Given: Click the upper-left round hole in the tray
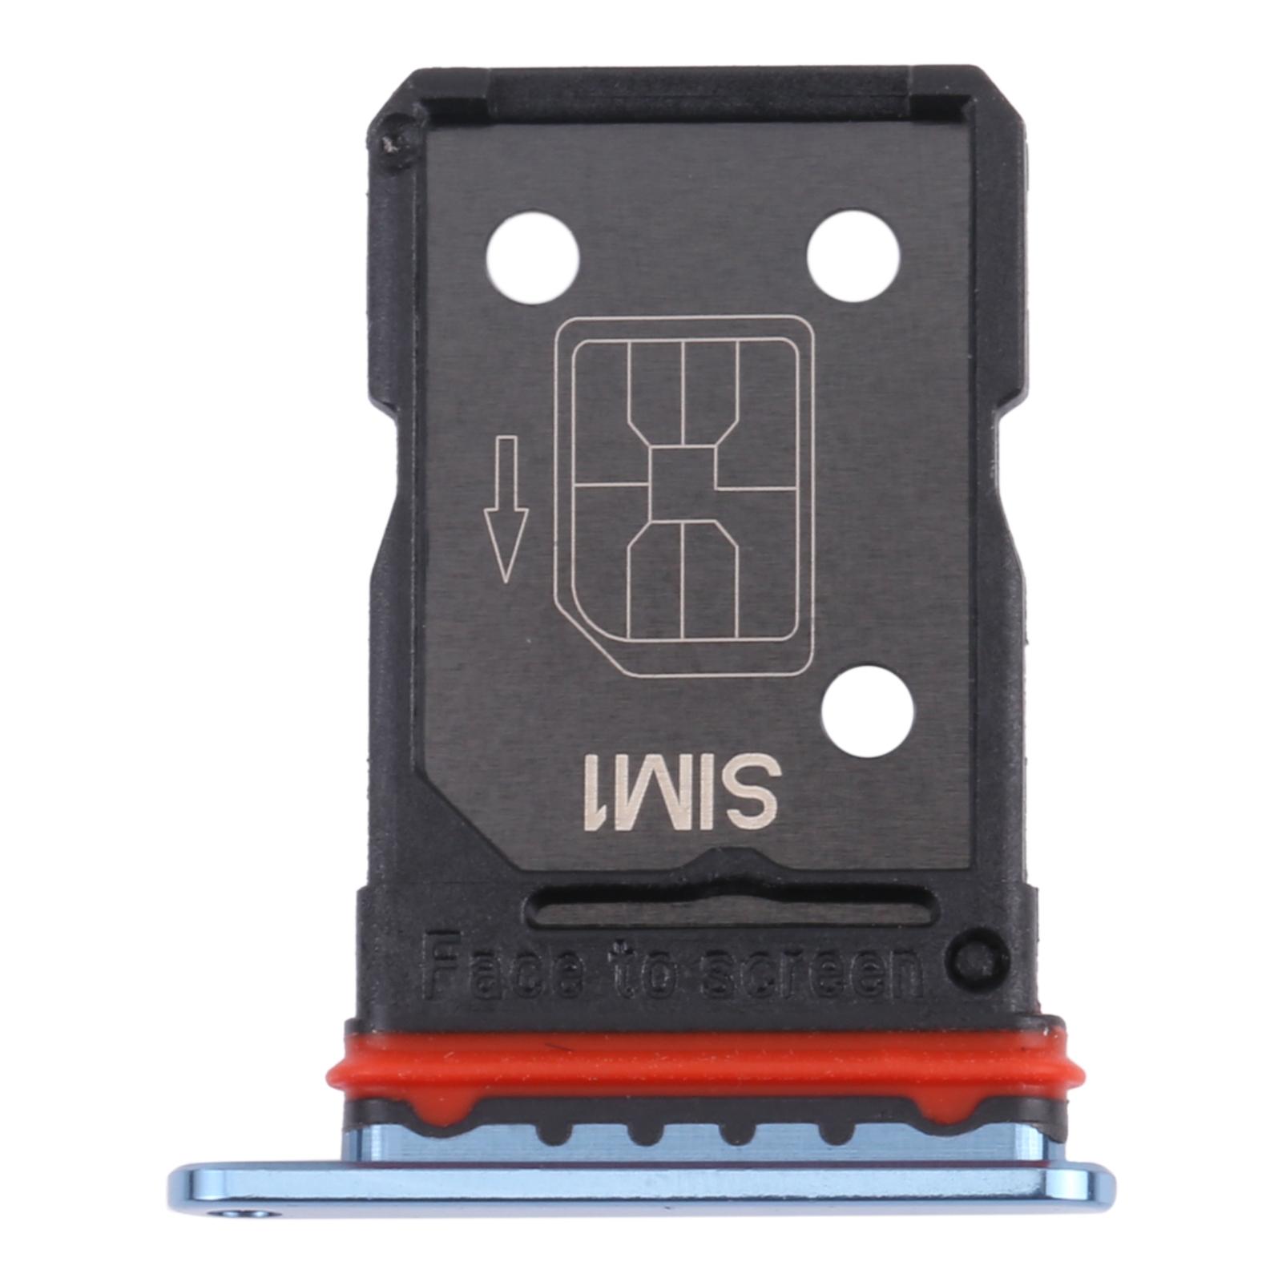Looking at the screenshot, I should pos(532,257).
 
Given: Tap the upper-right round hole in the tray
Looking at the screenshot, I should pos(853,256).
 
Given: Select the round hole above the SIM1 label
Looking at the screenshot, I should pos(867,711).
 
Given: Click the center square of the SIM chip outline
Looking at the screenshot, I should pos(681,483).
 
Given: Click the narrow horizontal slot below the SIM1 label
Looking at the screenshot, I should pos(729,907).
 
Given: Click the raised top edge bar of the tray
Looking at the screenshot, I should pos(697,88).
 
